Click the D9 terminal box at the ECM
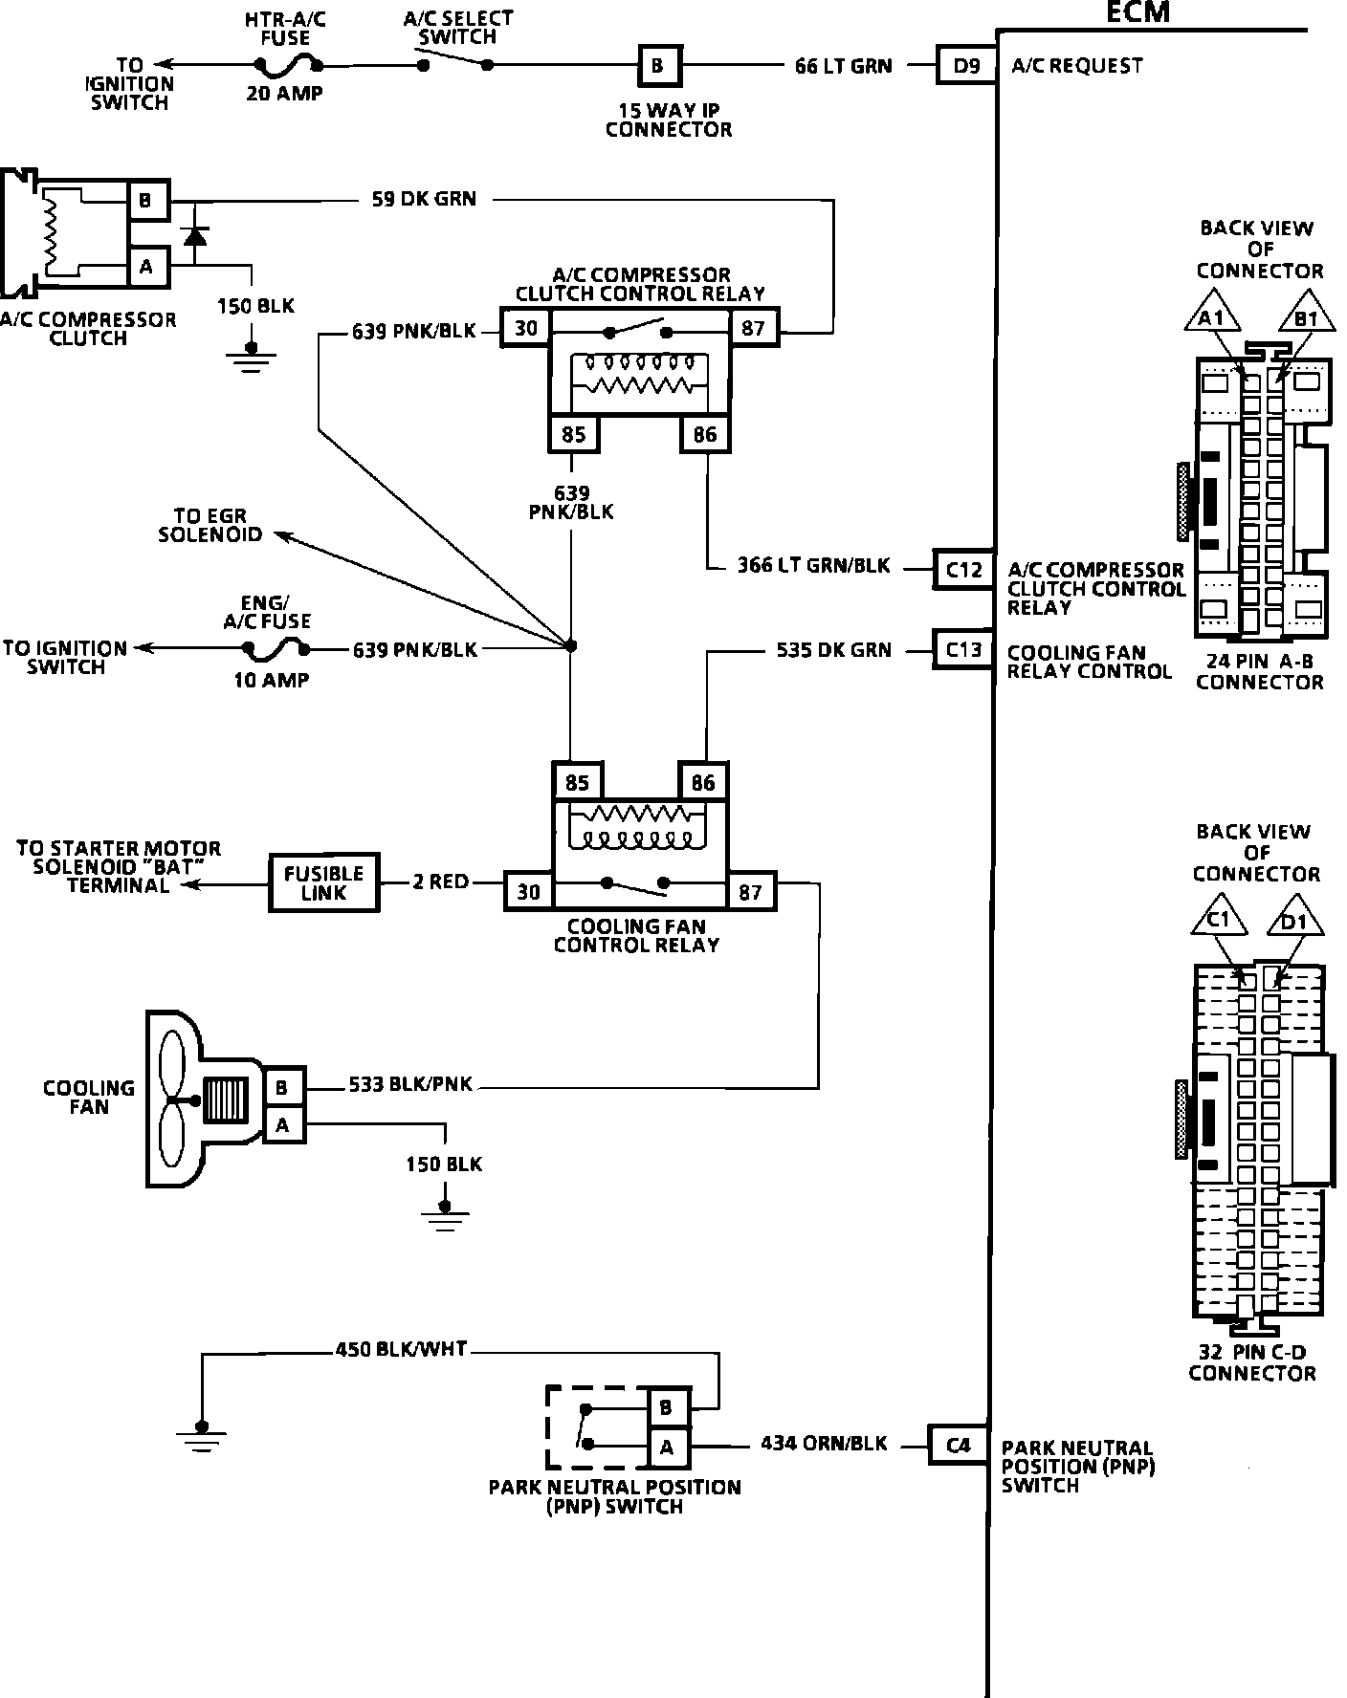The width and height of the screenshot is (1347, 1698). (x=964, y=66)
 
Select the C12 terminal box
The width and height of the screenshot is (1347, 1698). (x=963, y=570)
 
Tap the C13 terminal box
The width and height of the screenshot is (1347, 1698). (x=963, y=650)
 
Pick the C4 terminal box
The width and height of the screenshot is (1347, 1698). (x=959, y=1445)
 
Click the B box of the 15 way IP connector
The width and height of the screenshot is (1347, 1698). (x=657, y=66)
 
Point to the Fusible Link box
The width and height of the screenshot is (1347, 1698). (x=324, y=882)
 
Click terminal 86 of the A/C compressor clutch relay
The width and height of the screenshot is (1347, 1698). (x=705, y=435)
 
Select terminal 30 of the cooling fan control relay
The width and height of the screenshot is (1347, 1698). (x=528, y=892)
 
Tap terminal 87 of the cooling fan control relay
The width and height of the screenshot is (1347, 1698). (x=751, y=892)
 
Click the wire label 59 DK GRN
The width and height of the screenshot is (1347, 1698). (x=424, y=199)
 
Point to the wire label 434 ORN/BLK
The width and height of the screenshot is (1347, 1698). (x=824, y=1444)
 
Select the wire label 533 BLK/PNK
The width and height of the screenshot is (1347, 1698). (x=410, y=1085)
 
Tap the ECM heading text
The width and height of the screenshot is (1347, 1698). (x=1137, y=12)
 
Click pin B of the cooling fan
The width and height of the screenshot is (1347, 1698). (x=282, y=1087)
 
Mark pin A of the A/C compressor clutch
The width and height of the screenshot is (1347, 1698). (x=146, y=268)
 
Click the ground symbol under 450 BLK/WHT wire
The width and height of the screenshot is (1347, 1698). (x=201, y=1433)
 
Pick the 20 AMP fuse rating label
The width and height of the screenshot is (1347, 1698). (x=284, y=94)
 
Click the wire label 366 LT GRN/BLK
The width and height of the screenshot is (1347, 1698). (x=813, y=566)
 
